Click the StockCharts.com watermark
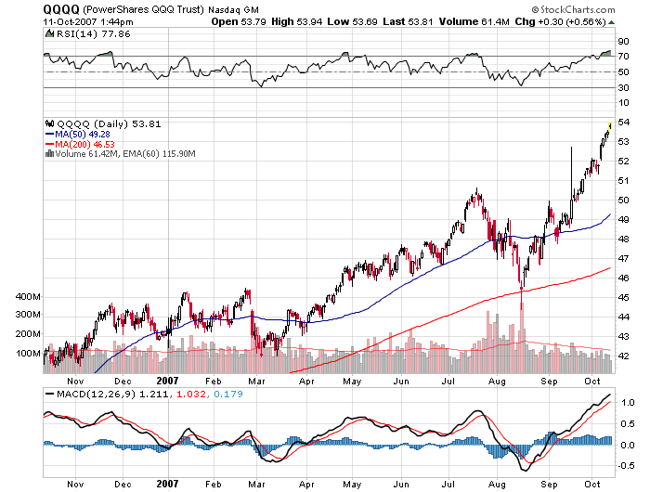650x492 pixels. [594, 8]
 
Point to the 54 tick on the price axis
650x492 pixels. [625, 123]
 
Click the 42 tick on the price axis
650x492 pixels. [625, 356]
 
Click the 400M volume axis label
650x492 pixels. [28, 296]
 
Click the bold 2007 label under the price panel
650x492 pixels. [167, 381]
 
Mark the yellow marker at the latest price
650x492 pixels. [609, 124]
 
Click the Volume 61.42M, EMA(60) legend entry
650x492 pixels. [121, 154]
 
